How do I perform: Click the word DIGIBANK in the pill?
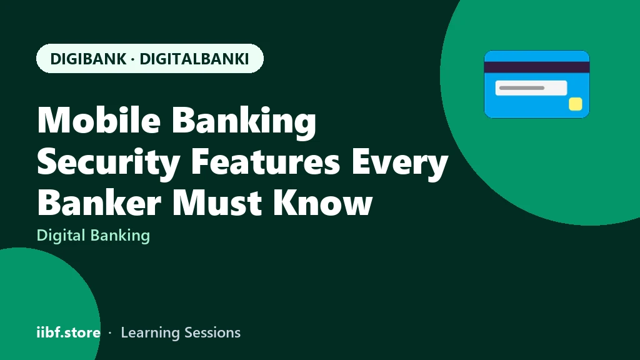coord(88,59)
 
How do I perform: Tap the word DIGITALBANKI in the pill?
coord(194,59)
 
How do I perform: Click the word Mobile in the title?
coord(99,119)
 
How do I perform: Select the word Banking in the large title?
coord(244,121)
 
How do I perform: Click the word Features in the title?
coord(265,162)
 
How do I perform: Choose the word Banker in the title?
coord(99,202)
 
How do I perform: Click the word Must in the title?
coord(217,202)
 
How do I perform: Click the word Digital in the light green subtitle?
coord(61,236)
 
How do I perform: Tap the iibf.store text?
coord(69,332)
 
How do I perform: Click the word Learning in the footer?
coord(150,333)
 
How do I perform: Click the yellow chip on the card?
coord(576,104)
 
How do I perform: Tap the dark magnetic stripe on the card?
coord(537,67)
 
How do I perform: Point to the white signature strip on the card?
coord(531,87)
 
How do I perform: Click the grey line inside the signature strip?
coord(522,87)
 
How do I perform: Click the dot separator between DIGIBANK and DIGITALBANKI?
coord(133,59)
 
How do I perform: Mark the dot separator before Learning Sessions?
coord(110,333)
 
